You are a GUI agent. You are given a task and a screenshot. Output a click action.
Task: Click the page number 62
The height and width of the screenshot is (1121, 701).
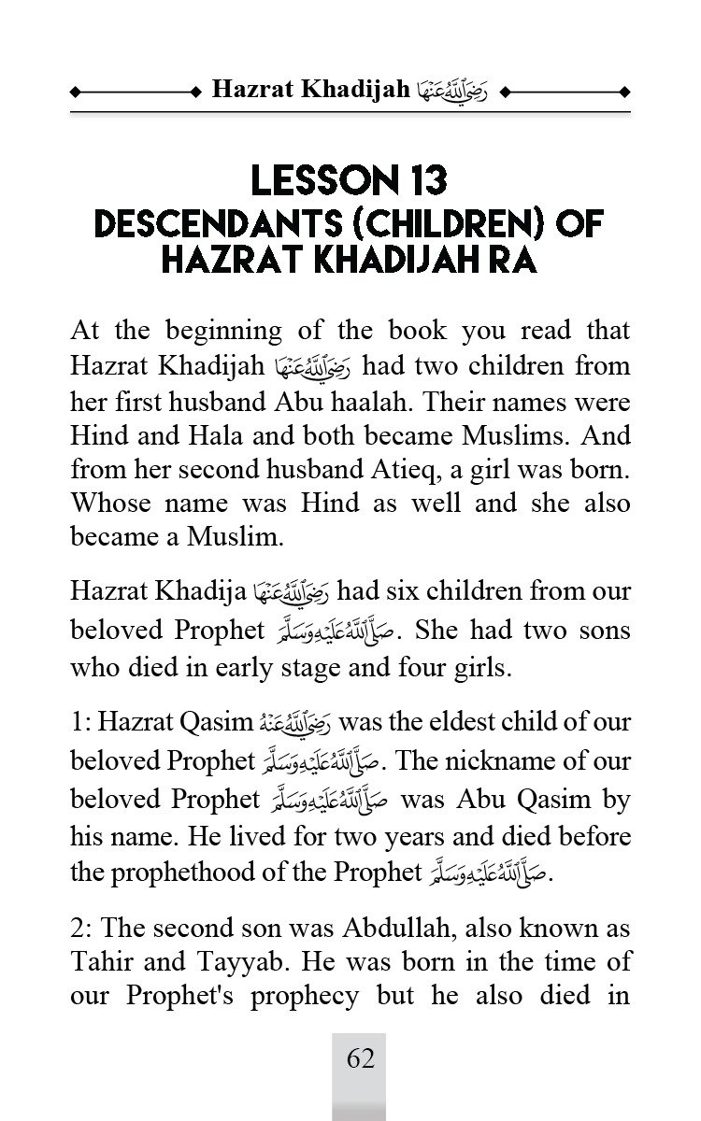(x=361, y=1058)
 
